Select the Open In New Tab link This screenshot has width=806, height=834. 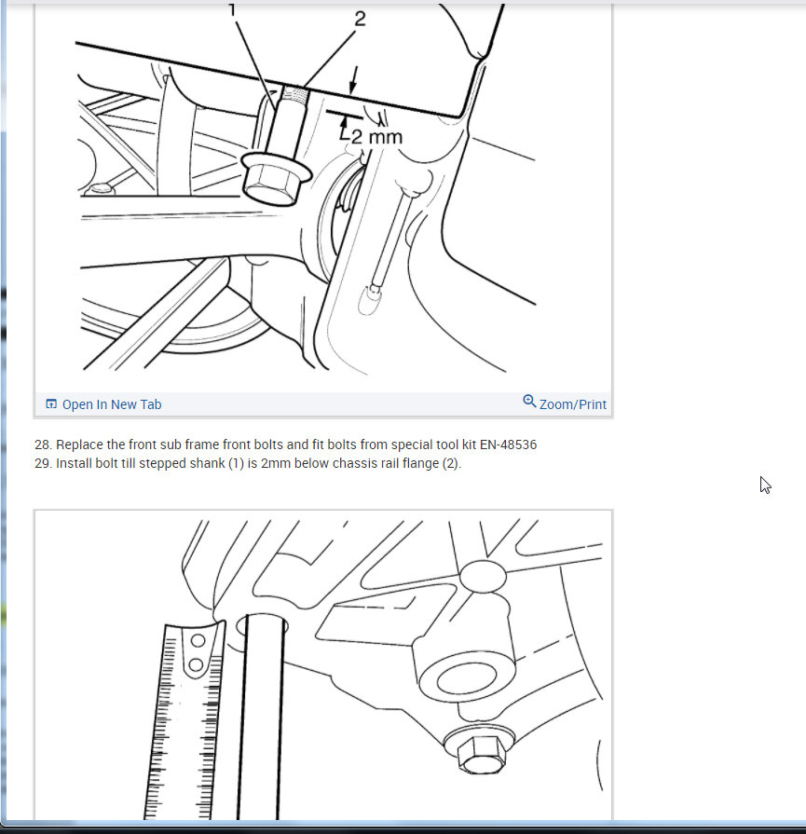[111, 404]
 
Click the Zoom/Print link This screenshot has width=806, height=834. [572, 404]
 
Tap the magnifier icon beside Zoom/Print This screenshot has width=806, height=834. [529, 402]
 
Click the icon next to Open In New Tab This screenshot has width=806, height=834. [51, 404]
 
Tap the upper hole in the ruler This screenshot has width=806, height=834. [197, 642]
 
